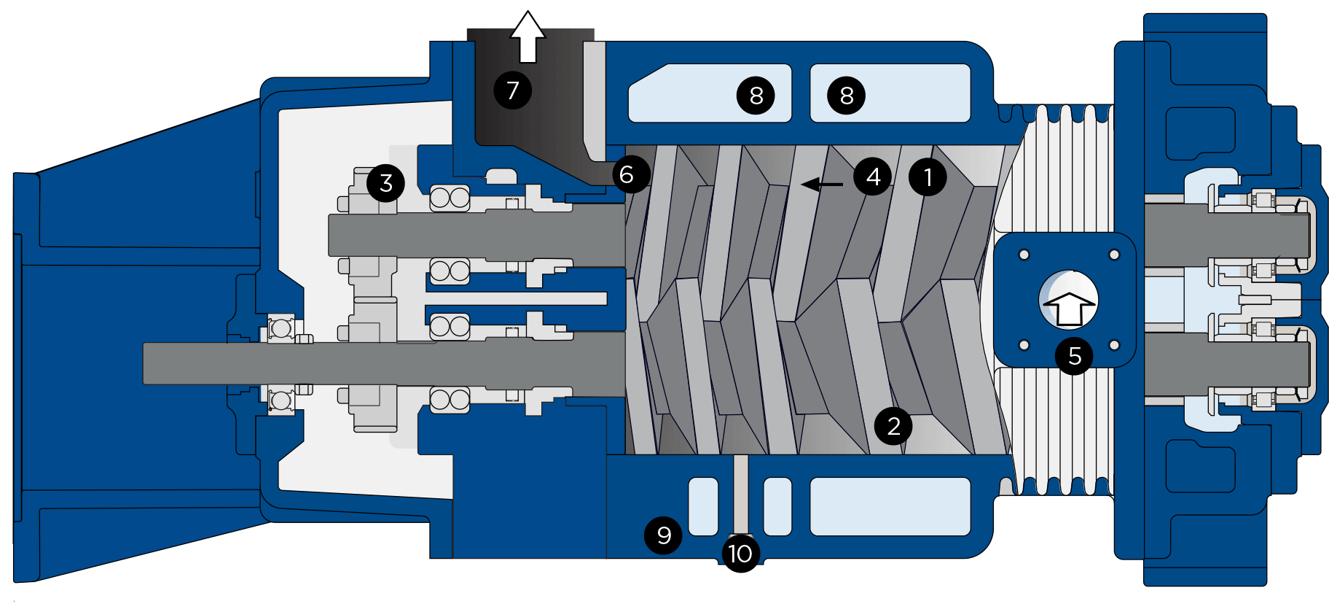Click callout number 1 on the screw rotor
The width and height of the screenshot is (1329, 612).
pyautogui.click(x=928, y=177)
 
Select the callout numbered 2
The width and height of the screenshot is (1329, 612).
pyautogui.click(x=893, y=426)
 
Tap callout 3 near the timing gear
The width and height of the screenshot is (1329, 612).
pyautogui.click(x=385, y=183)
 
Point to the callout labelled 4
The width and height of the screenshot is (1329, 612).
pyautogui.click(x=872, y=177)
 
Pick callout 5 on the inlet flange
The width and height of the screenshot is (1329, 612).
pyautogui.click(x=1074, y=356)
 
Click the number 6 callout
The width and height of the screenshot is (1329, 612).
pyautogui.click(x=626, y=174)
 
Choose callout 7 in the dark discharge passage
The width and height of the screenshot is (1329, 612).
pyautogui.click(x=512, y=90)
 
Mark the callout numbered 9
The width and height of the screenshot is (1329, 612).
pyautogui.click(x=663, y=535)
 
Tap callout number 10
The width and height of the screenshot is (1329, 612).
pyautogui.click(x=740, y=554)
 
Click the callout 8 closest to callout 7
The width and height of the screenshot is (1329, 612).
pyautogui.click(x=756, y=95)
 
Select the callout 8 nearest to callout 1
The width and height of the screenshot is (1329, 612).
pyautogui.click(x=846, y=95)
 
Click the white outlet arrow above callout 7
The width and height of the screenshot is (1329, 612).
pyautogui.click(x=528, y=36)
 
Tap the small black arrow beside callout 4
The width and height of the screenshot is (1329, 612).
pyautogui.click(x=822, y=184)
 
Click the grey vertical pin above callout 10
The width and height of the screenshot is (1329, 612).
pyautogui.click(x=740, y=494)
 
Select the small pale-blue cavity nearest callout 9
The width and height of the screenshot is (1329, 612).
pyautogui.click(x=703, y=506)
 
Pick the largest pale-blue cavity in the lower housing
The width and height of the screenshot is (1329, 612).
pyautogui.click(x=890, y=506)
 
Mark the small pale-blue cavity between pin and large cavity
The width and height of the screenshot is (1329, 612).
pyautogui.click(x=777, y=506)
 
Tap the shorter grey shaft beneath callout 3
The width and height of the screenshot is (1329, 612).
pyautogui.click(x=477, y=235)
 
